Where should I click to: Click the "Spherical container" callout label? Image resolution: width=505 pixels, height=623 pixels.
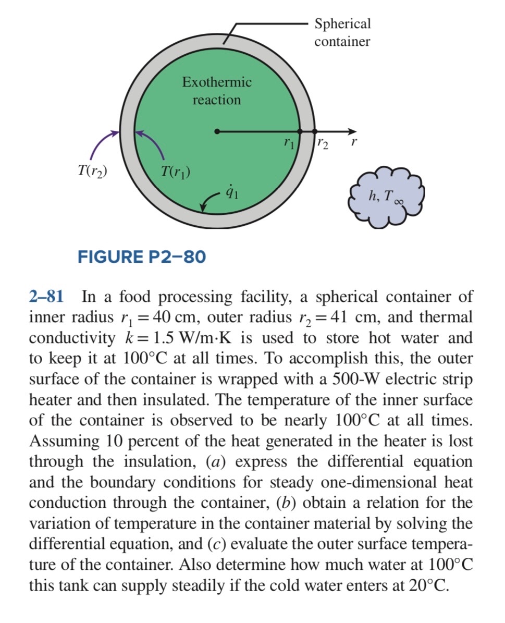click(x=342, y=32)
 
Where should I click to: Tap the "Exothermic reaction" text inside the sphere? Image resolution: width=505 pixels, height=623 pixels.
click(x=217, y=91)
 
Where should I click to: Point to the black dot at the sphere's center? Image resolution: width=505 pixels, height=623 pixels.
click(x=217, y=131)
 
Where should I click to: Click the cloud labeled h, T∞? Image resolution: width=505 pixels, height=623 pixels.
click(x=388, y=196)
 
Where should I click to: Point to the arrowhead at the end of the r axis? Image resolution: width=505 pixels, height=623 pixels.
click(x=354, y=131)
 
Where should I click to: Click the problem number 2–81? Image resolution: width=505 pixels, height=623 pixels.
click(x=46, y=297)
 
